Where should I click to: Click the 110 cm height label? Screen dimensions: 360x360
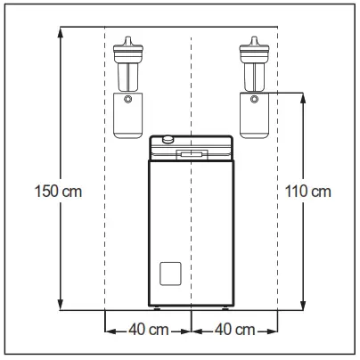tap(308, 191)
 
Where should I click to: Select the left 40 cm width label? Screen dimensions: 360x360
tap(148, 330)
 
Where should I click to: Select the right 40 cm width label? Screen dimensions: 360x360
tap(235, 330)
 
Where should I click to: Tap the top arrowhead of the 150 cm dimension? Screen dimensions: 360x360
tap(60, 32)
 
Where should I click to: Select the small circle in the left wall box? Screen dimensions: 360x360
tap(128, 98)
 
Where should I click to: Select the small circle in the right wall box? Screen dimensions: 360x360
tap(255, 98)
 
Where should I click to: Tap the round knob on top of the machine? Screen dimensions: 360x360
tap(168, 138)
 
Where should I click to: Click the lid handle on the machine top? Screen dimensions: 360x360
tap(192, 153)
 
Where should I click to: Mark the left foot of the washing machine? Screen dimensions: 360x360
tap(158, 309)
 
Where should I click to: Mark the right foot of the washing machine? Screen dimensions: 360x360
tap(225, 309)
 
